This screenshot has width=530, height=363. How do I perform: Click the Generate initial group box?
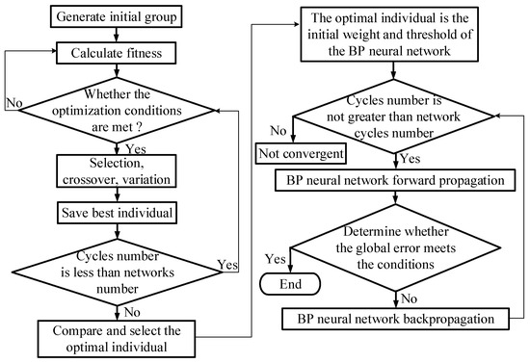coord(117,18)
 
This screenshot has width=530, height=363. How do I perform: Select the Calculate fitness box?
coord(117,53)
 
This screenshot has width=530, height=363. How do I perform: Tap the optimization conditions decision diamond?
coord(117,104)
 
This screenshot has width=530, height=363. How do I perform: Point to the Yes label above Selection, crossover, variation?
coord(136,149)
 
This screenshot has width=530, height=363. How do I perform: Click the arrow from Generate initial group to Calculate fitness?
coord(117,36)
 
